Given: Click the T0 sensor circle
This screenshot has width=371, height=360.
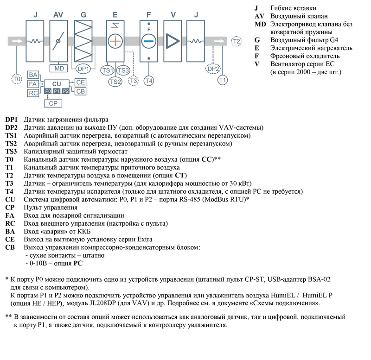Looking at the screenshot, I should click(x=17, y=79).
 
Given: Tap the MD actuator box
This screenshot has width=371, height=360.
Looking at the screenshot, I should click(x=59, y=69).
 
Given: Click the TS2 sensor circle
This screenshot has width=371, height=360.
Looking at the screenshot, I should click(x=115, y=82).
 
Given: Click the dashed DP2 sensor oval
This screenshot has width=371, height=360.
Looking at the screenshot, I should click(x=213, y=69).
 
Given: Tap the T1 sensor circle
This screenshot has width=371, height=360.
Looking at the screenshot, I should click(x=223, y=80).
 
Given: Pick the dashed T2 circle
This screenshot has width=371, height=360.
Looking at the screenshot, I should click(x=237, y=42).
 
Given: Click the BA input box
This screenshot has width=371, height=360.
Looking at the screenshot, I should click(x=32, y=75).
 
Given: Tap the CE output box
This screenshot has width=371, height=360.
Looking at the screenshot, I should click(x=80, y=82).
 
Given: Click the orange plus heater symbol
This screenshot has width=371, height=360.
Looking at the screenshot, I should click(x=114, y=41).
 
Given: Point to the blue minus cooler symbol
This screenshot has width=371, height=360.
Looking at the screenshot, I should click(x=148, y=41).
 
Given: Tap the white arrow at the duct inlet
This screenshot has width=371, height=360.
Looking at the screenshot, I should click(x=17, y=41).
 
